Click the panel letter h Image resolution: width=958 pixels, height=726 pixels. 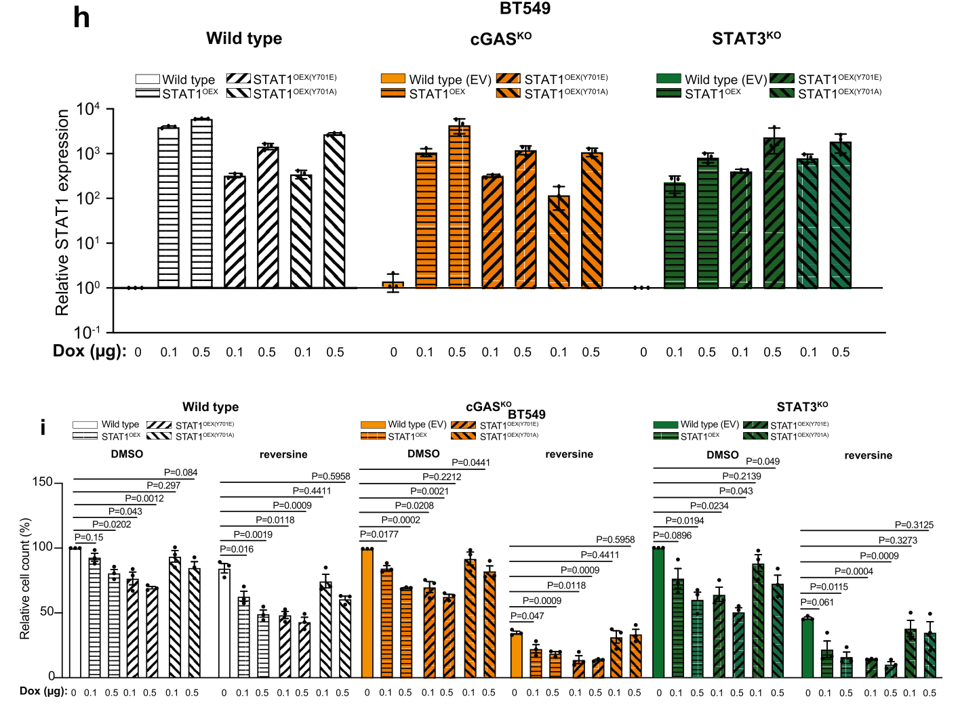(81, 18)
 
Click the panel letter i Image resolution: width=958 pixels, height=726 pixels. (43, 427)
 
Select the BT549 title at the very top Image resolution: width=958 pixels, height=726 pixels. (525, 9)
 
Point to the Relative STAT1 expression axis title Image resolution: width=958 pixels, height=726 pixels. (62, 213)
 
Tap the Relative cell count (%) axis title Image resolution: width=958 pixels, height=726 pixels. (25, 578)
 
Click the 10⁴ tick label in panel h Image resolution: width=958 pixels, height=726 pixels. (88, 109)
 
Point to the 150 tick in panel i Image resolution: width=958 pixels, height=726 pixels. (42, 482)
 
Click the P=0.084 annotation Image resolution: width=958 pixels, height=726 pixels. (180, 473)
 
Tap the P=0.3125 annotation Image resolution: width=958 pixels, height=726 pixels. (914, 525)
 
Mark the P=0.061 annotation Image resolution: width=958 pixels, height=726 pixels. (817, 602)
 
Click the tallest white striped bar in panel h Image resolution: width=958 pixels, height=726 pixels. (201, 203)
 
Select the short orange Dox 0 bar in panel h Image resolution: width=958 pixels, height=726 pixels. (393, 284)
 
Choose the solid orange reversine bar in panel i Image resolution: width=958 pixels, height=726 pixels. (516, 654)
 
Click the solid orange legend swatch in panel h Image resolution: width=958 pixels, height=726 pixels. (393, 79)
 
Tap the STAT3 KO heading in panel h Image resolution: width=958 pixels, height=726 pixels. (746, 39)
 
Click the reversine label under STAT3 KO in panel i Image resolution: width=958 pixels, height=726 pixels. (868, 456)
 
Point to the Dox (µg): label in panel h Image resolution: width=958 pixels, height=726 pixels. (89, 351)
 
